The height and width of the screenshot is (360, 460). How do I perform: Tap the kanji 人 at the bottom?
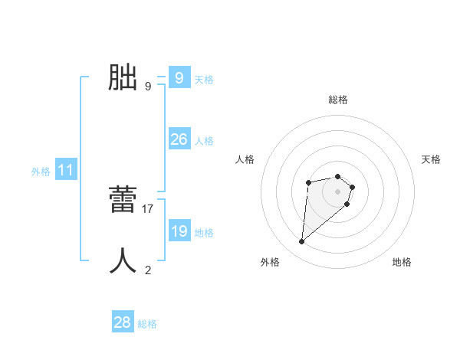pyautogui.click(x=123, y=261)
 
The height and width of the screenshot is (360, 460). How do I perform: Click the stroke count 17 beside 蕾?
pyautogui.click(x=148, y=208)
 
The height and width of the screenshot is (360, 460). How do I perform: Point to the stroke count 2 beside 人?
pyautogui.click(x=148, y=270)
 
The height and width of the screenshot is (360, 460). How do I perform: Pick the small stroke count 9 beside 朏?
pyautogui.click(x=148, y=86)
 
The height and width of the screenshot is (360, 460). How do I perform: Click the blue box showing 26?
pyautogui.click(x=179, y=139)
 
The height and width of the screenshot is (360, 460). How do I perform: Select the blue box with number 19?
pyautogui.click(x=179, y=231)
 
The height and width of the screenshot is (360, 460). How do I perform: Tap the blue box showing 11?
pyautogui.click(x=65, y=171)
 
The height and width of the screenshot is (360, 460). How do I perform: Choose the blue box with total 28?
pyautogui.click(x=122, y=322)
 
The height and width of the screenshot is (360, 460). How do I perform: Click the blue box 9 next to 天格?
pyautogui.click(x=179, y=78)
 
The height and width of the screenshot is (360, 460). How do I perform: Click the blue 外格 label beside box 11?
pyautogui.click(x=41, y=172)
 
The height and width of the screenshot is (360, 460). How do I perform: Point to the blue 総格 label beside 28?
pyautogui.click(x=147, y=324)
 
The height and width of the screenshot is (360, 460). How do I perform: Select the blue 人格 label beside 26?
pyautogui.click(x=204, y=141)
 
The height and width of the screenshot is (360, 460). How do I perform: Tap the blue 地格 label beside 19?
pyautogui.click(x=204, y=233)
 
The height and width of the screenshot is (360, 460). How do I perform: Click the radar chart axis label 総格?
pyautogui.click(x=338, y=100)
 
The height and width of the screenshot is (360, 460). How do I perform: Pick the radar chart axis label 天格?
pyautogui.click(x=432, y=159)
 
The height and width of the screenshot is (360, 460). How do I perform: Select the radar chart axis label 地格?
pyautogui.click(x=402, y=262)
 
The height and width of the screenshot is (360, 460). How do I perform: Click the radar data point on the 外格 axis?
pyautogui.click(x=302, y=242)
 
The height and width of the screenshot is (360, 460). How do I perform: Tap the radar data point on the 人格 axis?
pyautogui.click(x=308, y=182)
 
